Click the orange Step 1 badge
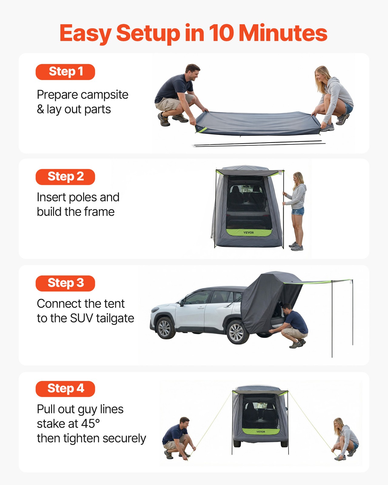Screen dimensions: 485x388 pos(65,72)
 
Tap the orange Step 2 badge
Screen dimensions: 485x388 pos(65,177)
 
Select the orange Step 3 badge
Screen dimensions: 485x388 pos(65,283)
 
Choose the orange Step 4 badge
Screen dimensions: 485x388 pos(65,389)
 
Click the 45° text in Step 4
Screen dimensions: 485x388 pos(90,424)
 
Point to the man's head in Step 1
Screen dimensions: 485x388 pos(192,72)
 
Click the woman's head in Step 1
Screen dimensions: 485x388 pos(321,74)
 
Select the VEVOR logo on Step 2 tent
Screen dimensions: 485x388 pos(249,232)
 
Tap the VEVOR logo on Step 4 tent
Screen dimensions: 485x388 pos(261,432)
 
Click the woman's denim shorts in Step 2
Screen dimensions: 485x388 pos(298,211)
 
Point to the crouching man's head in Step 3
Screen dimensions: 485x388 pos(287,309)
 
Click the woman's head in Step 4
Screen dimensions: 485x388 pos(339,423)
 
